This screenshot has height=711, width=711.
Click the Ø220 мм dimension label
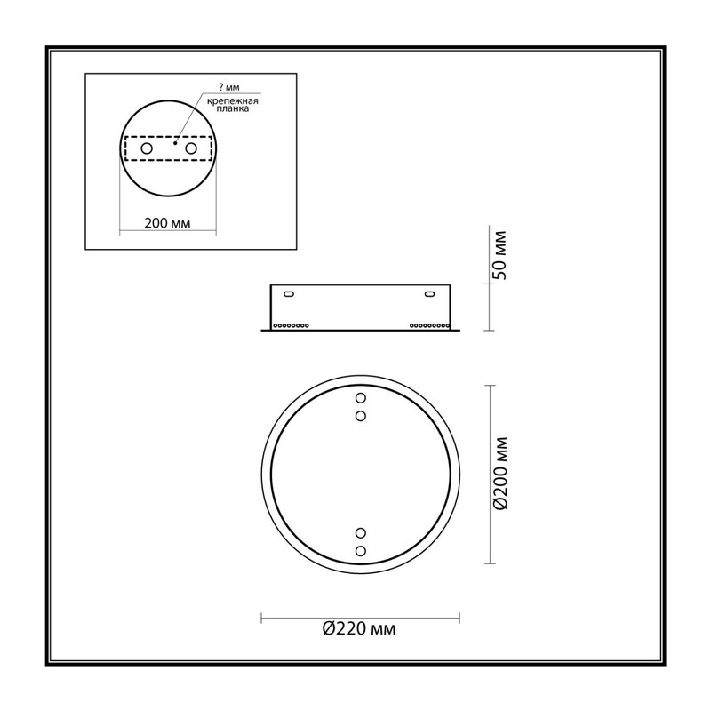click(359, 629)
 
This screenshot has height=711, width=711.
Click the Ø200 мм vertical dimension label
click(500, 474)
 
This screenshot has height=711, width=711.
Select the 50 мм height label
click(500, 255)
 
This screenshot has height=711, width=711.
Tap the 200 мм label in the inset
click(167, 223)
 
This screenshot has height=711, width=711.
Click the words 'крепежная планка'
click(233, 105)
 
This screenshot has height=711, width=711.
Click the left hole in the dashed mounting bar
click(147, 148)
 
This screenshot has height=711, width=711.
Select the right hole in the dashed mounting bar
click(191, 148)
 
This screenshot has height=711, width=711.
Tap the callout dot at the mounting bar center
click(175, 143)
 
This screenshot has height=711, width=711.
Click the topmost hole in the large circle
click(361, 398)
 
